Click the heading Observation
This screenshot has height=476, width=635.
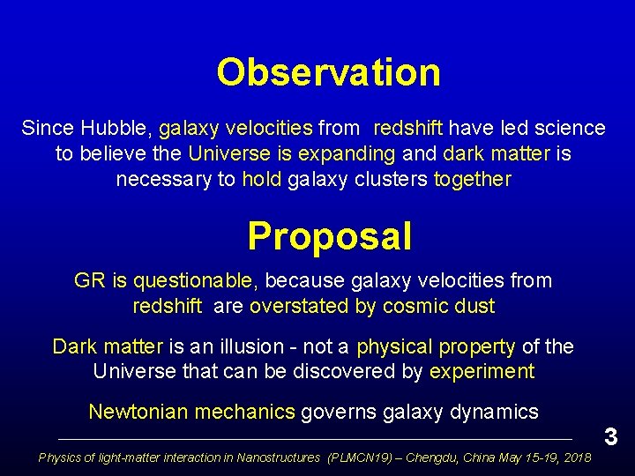(328, 72)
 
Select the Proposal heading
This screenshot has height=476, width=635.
(329, 236)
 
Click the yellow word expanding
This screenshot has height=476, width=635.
(350, 154)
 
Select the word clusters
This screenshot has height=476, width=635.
(394, 180)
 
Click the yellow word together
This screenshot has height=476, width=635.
(473, 180)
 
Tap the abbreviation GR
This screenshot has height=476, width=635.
(89, 281)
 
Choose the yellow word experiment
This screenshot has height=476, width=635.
(482, 372)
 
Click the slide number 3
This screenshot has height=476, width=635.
(610, 435)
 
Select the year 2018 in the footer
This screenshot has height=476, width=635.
(576, 457)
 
